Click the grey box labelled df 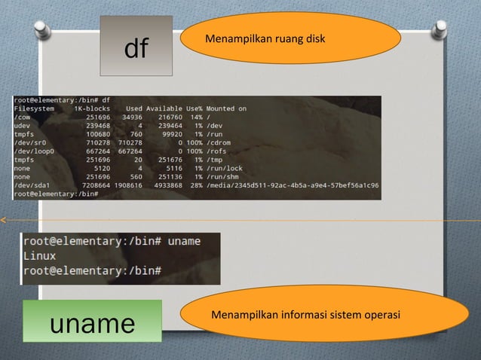coord(136,47)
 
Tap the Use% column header coord(194,108)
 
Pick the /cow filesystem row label coord(22,117)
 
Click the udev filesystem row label coord(22,125)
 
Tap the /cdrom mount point coord(219,142)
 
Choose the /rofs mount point coord(217,151)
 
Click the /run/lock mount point coord(225,168)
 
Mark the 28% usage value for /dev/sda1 coord(195,185)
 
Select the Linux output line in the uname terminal coord(40,256)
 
